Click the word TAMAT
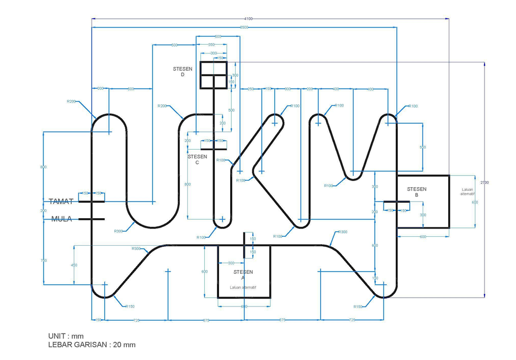pos(61,202)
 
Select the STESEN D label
pos(183,72)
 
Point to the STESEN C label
pos(197,159)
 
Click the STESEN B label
pos(417,192)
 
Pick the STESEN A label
pos(243,275)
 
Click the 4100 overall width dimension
pos(248,19)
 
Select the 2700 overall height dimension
pos(485,182)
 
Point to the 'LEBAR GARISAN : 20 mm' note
pos(92,345)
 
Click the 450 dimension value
pos(73,265)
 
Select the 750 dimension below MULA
pos(44,260)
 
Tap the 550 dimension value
pos(423,147)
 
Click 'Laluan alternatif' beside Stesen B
pos(467,192)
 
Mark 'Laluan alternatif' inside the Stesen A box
pos(243,287)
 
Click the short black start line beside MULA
pos(91,219)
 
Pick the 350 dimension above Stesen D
pos(211,45)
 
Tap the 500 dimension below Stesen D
pos(231,110)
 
